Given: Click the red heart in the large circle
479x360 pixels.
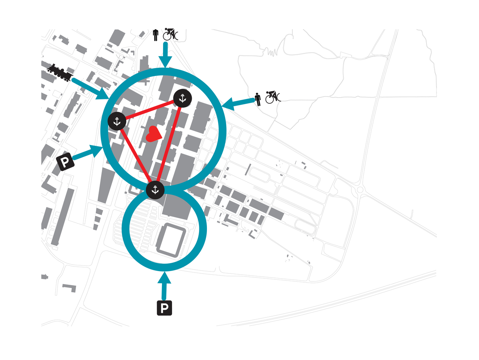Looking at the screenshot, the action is coord(153,134).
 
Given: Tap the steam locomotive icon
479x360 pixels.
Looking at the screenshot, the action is coord(60,72).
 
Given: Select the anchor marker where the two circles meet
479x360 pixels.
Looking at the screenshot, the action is coord(155,190).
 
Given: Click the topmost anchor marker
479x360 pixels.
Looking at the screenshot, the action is coord(182,98).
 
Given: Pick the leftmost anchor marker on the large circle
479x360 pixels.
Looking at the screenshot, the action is coord(117,121).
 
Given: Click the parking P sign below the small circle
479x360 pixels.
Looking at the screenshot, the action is coord(164,308).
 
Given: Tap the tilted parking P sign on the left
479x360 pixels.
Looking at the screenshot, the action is coord(65,162).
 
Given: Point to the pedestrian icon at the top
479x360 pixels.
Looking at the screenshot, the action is coord(155,35).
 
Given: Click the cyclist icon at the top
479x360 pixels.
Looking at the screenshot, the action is coord(171,34).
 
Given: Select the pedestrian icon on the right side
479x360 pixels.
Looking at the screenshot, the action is coord(258,99).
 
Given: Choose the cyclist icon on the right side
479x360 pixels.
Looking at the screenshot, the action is coord(273,97).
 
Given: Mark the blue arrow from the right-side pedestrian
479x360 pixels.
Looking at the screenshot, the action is coord(238,103).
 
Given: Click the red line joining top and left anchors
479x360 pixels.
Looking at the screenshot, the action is coord(150,110).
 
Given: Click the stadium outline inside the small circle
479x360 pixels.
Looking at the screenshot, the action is coord(171,240).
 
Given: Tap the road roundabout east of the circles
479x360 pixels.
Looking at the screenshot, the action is coord(360,189).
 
